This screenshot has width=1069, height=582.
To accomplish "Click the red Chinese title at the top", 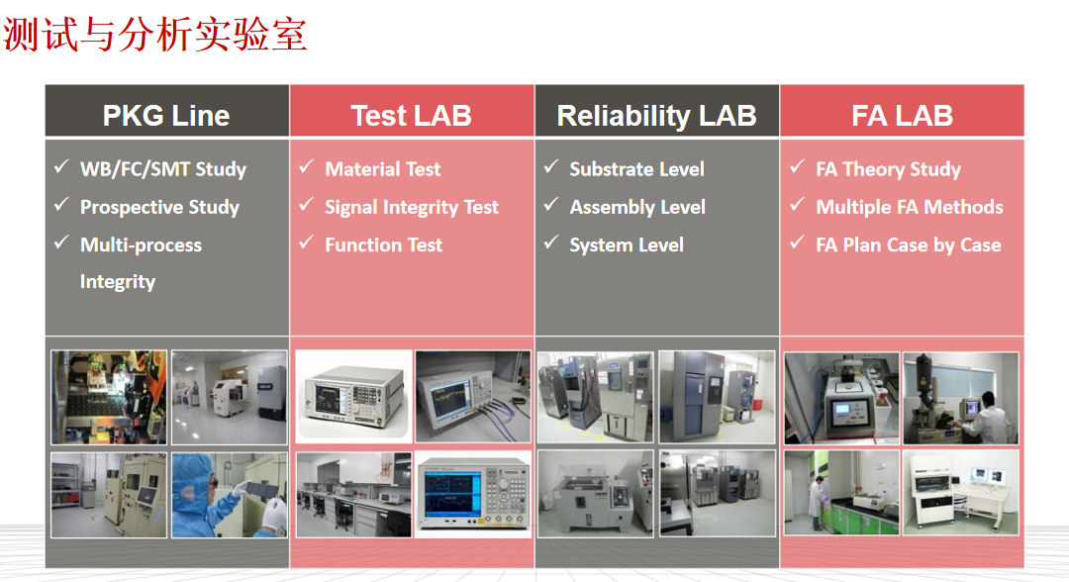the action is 155,34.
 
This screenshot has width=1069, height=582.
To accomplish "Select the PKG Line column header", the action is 166,115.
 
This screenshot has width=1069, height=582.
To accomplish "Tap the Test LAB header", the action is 411,115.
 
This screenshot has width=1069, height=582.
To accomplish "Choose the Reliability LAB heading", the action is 656,116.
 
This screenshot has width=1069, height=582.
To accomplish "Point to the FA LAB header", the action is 902,115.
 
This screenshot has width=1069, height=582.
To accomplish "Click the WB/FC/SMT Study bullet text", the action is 163,169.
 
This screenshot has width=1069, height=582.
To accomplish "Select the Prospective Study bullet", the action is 159,207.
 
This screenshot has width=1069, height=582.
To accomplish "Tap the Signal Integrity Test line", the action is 412,207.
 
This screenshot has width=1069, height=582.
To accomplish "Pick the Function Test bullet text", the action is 384,244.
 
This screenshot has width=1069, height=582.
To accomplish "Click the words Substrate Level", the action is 636,169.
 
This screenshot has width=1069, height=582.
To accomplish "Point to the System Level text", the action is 627,245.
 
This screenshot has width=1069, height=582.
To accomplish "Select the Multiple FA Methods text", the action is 910,207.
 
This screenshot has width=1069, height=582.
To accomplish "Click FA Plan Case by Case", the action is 909,245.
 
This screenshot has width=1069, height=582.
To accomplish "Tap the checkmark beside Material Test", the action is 306,166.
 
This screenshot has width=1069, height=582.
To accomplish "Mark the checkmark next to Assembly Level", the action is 551,205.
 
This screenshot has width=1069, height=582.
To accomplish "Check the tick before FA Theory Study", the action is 797,166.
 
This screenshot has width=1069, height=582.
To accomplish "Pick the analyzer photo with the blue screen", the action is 473,494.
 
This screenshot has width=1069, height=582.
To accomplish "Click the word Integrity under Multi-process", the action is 117,282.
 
